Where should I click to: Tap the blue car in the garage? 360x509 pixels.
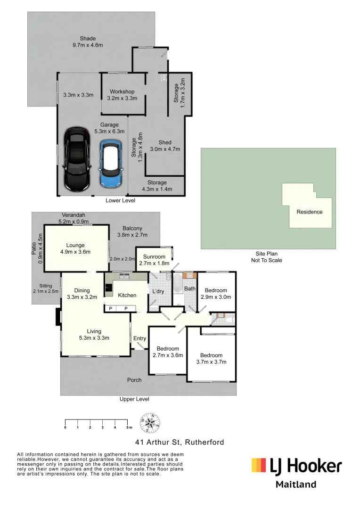111,163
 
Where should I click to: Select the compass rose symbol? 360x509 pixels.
150,423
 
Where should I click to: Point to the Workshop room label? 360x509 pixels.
122,95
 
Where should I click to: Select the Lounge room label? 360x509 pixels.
75,248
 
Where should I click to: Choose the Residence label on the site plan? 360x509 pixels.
309,212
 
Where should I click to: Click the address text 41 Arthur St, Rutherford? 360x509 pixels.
180,442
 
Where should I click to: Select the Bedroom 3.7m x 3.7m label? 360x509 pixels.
211,359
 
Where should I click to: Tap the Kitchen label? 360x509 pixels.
127,295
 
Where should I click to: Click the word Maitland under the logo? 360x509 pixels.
295,484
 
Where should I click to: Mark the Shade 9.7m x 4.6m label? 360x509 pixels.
88,42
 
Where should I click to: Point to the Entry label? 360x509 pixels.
140,338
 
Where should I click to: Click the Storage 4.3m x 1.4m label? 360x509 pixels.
157,186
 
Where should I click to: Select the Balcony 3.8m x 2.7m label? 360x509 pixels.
132,231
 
